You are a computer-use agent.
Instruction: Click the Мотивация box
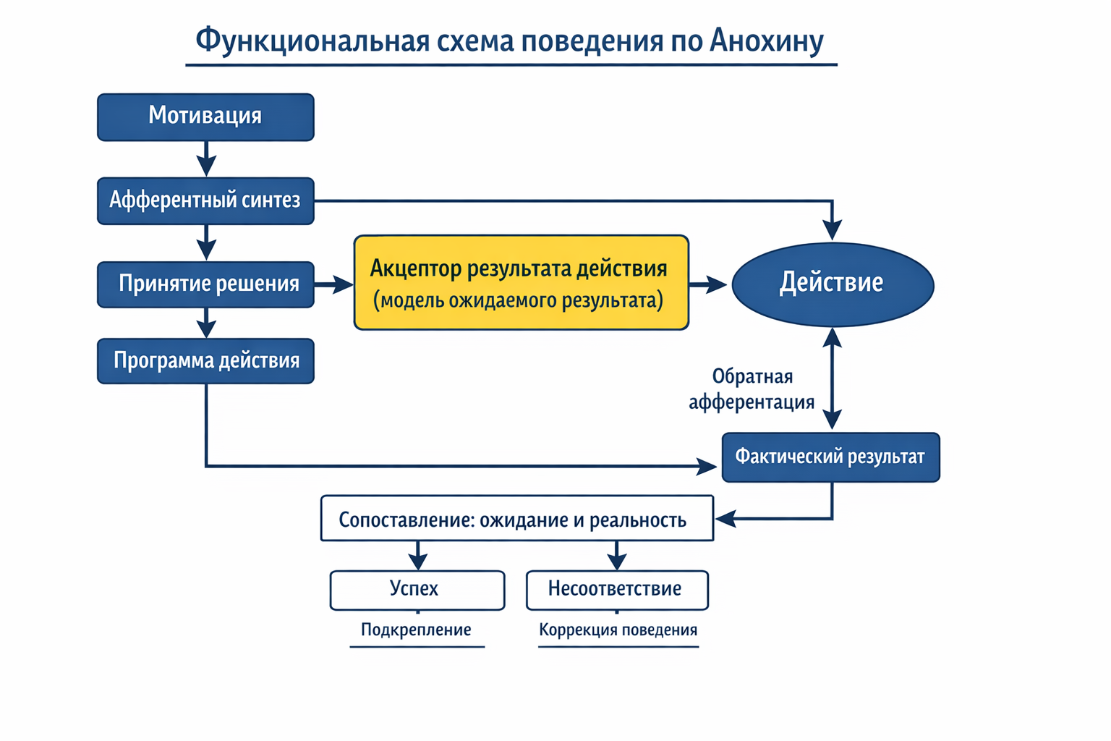(205, 117)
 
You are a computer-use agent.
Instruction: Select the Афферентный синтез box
(205, 200)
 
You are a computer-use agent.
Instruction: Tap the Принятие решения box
(205, 284)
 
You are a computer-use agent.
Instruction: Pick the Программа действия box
(205, 360)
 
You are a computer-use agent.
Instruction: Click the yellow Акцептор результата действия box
(521, 283)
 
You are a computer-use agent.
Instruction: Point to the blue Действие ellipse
(833, 284)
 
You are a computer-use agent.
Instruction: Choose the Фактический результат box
(830, 457)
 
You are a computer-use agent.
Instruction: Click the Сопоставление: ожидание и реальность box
(516, 519)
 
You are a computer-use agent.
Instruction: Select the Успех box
(417, 590)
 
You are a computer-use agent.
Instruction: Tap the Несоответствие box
(616, 590)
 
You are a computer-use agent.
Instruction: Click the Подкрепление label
(416, 630)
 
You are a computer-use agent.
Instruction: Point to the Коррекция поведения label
(618, 630)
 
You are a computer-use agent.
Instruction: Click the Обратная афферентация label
(752, 389)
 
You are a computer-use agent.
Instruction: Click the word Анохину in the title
(766, 41)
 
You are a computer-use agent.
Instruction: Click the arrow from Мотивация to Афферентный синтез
(206, 158)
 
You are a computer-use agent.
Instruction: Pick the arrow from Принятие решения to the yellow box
(333, 284)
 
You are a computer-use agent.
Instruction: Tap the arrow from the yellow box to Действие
(708, 284)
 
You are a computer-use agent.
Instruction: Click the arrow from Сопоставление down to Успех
(417, 555)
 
